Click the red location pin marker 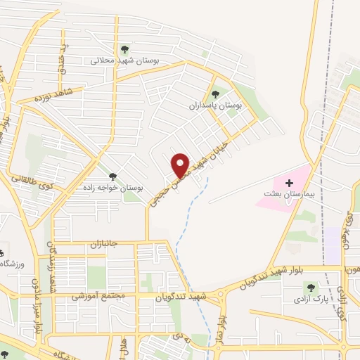[x=181, y=165]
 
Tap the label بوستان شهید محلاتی [x=124, y=60]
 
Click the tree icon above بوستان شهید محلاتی [x=124, y=49]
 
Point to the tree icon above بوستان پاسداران [x=215, y=94]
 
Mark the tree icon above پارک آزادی [x=310, y=287]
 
